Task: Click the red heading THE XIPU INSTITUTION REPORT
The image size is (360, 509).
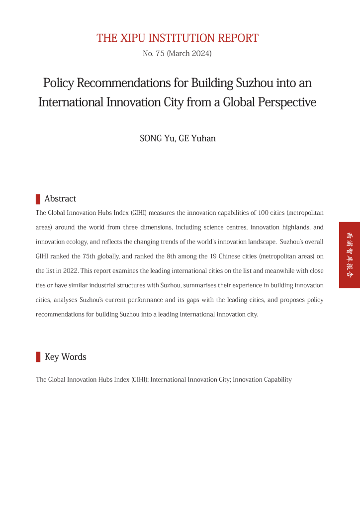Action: [x=178, y=38]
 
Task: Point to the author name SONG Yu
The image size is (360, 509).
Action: [x=157, y=138]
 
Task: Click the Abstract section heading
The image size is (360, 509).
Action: [x=60, y=199]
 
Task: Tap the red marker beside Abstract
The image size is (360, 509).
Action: [x=38, y=199]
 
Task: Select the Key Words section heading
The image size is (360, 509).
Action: [x=65, y=357]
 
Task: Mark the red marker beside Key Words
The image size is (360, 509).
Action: [x=38, y=357]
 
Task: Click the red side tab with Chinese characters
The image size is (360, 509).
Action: [x=350, y=254]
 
